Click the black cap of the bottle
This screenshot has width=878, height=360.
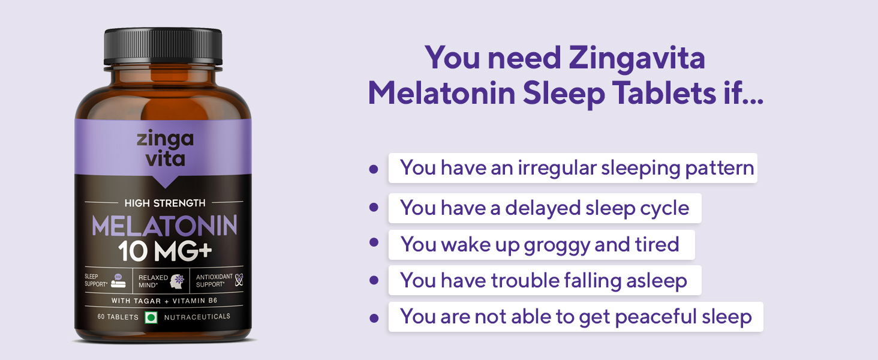pos(163,47)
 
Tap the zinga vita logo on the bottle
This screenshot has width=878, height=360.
pos(164,148)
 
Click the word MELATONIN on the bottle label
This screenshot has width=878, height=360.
pos(164,226)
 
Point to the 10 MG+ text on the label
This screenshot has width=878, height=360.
pos(164,251)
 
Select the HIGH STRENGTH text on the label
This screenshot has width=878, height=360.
pos(164,203)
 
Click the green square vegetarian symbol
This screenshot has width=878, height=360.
pos(151,317)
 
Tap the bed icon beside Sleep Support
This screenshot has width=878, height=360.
pos(118,280)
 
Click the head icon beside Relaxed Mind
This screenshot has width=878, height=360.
pos(177,280)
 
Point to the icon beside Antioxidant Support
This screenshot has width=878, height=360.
pos(239,280)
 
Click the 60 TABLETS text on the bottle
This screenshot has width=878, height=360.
pos(118,317)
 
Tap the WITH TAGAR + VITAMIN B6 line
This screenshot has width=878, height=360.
pos(164,300)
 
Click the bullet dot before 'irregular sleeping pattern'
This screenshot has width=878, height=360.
pos(374,169)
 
